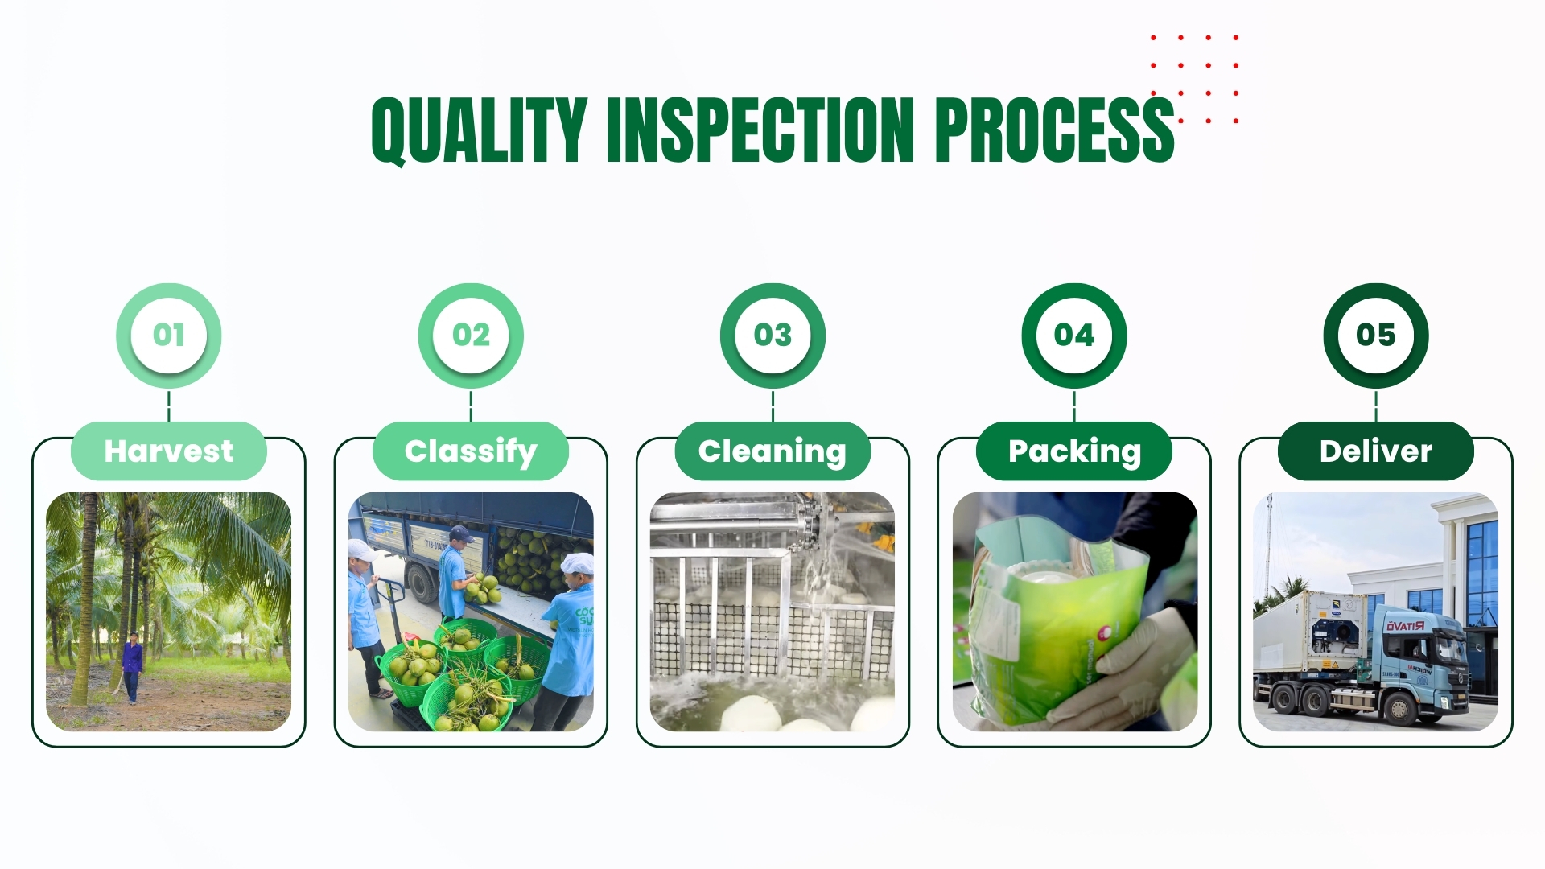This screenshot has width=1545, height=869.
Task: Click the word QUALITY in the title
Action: (x=479, y=130)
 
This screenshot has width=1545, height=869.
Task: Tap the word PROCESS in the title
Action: (x=1055, y=130)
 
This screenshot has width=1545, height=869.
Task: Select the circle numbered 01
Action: (x=169, y=335)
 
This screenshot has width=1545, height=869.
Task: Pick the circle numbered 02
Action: (x=471, y=335)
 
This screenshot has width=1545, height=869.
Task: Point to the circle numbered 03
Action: (x=772, y=335)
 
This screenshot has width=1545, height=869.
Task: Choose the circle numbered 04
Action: (x=1074, y=335)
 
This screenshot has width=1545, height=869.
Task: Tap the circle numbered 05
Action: (x=1376, y=335)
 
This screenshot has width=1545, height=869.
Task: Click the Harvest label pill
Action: (x=169, y=451)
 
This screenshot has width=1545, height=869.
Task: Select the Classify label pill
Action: (x=471, y=451)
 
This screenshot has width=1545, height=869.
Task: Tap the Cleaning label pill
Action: (x=772, y=451)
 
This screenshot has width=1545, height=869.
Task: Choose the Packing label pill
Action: (x=1074, y=451)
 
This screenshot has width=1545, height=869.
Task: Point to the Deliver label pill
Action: (x=1376, y=451)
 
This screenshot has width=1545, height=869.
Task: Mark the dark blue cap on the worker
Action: (x=460, y=533)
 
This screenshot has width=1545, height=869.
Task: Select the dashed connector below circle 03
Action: (x=772, y=406)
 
